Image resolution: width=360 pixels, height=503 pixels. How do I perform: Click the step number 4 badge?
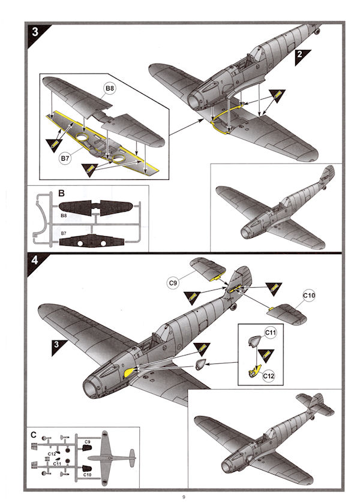tap(35, 262)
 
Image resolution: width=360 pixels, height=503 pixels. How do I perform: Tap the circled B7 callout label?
tap(67, 158)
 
